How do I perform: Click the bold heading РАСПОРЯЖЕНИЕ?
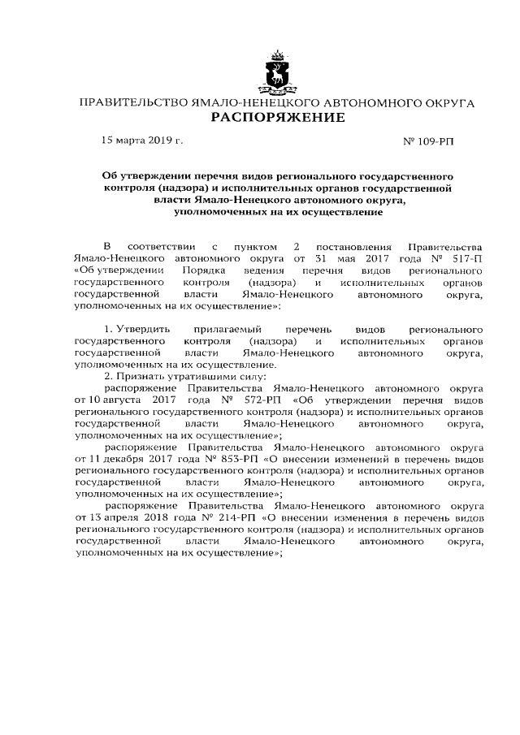tap(278, 119)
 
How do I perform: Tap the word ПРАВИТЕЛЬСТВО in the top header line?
tap(132, 104)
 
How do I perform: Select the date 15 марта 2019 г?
tap(141, 141)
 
